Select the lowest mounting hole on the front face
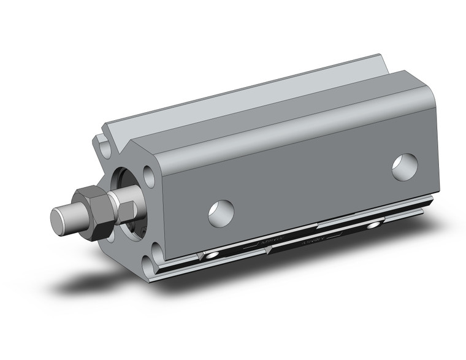point(151,265)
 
